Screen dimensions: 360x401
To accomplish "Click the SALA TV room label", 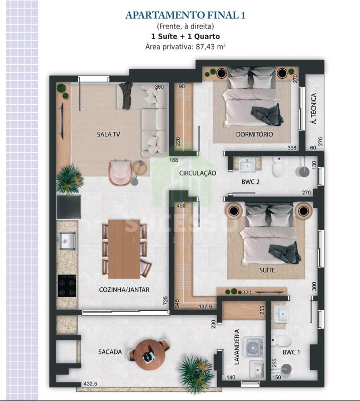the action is (108, 134).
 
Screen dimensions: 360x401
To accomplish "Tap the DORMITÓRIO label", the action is (254, 134).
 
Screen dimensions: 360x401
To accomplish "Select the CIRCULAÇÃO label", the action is (198, 173).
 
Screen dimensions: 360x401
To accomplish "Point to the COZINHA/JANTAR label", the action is (124, 290).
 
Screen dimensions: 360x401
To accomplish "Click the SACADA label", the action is (110, 352).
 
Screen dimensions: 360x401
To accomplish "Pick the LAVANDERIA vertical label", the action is (237, 347).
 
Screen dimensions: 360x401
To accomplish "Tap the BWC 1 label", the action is (291, 352).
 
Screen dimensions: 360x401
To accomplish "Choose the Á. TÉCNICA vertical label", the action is (314, 108).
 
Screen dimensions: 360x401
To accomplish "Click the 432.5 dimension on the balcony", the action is (90, 383).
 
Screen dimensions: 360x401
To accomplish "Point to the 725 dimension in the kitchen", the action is (165, 300).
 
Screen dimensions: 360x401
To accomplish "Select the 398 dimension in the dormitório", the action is (292, 147).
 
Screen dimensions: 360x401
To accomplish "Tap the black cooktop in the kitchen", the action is (67, 286).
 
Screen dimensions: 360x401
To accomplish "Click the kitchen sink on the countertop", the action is (68, 241).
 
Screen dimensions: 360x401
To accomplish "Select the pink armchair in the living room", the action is (120, 172).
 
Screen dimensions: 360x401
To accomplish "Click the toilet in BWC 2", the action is (278, 167).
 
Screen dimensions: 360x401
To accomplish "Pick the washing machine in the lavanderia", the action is (253, 347).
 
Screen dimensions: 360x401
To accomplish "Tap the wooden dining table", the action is (124, 249).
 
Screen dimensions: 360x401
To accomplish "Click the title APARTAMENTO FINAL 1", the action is (185, 16).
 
